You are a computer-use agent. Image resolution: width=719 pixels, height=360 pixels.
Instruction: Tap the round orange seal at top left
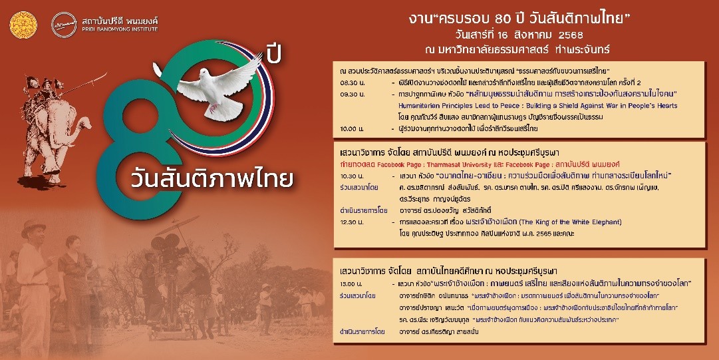coord(19,23)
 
